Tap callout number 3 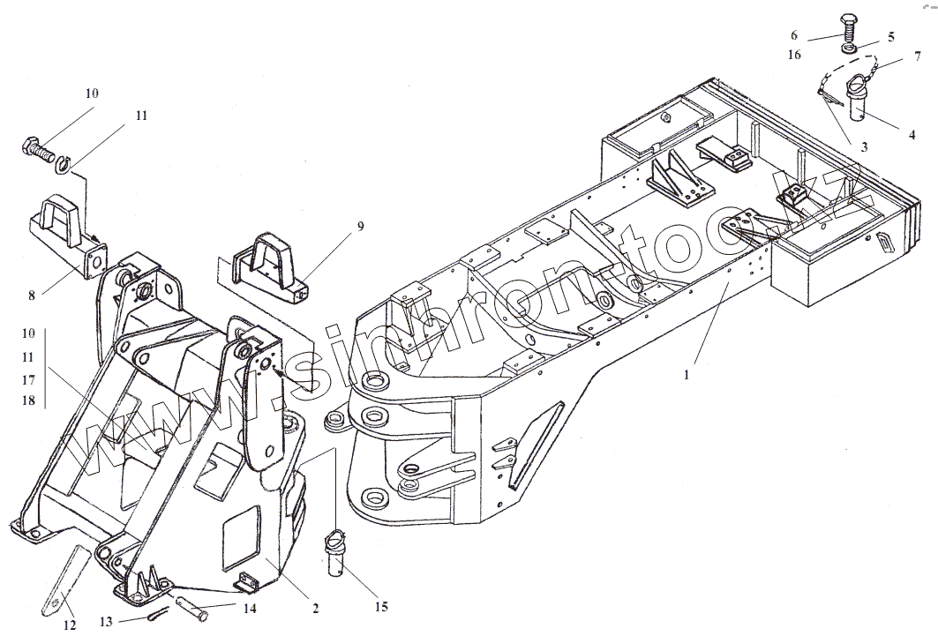(x=863, y=147)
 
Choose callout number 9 (x=360, y=227)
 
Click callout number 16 (x=795, y=55)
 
